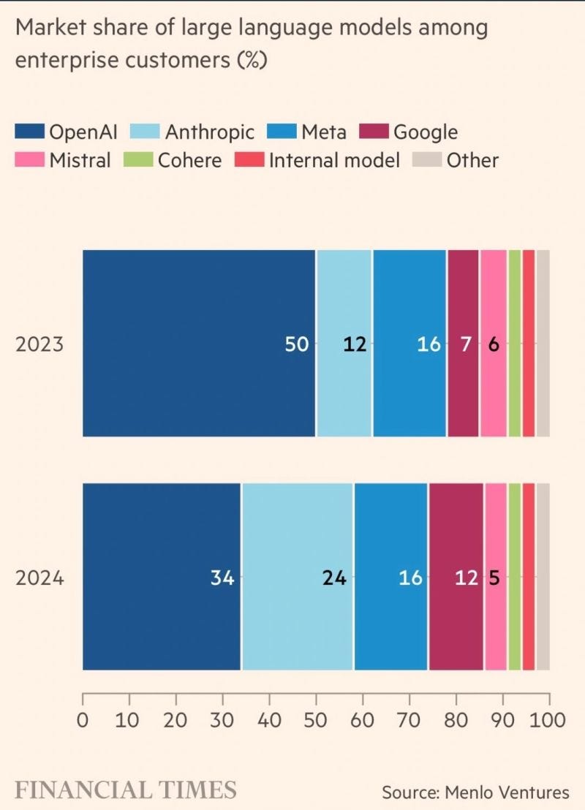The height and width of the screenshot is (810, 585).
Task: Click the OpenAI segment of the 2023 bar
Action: tap(199, 344)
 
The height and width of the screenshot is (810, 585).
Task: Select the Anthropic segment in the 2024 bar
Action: tap(298, 577)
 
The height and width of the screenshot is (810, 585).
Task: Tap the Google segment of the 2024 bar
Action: tap(456, 577)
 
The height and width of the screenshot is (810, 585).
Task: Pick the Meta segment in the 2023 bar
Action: tap(409, 344)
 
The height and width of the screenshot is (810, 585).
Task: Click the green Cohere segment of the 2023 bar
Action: tap(515, 344)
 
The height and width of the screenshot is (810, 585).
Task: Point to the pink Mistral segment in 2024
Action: tap(496, 577)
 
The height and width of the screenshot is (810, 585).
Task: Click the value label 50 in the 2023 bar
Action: tap(297, 344)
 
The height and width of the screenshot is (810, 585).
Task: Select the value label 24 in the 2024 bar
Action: tap(334, 578)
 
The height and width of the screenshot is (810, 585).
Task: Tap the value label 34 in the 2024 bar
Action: tap(222, 578)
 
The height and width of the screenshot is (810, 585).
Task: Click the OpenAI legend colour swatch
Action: tap(30, 131)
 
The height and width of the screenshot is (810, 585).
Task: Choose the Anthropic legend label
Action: tap(210, 132)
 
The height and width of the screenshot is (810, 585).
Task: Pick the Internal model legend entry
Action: tap(317, 160)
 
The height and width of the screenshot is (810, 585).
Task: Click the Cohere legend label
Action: tap(189, 160)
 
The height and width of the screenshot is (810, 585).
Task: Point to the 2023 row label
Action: tap(39, 344)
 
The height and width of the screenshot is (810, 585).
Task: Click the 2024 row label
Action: tap(39, 578)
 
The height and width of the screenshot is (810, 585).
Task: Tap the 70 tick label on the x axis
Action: tap(409, 720)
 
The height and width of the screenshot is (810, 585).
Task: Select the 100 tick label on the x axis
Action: tap(547, 720)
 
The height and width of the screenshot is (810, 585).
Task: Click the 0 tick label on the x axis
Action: tap(82, 720)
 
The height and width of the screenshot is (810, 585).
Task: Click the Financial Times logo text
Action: tap(126, 790)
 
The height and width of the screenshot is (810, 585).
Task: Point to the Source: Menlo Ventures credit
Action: tap(475, 792)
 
